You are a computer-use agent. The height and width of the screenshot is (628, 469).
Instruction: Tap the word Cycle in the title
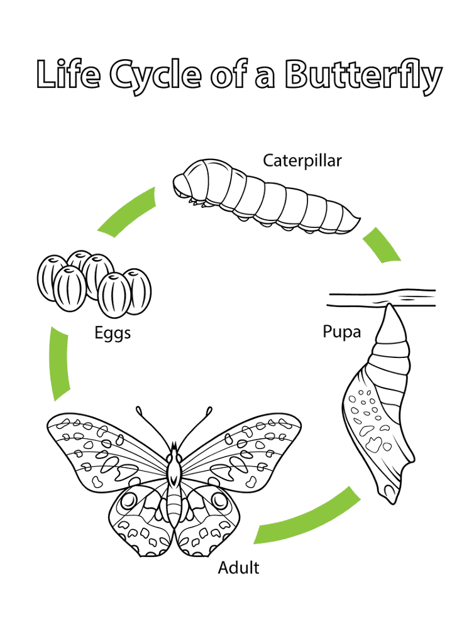pyautogui.click(x=155, y=75)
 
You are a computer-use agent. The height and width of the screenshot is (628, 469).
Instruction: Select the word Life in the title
pyautogui.click(x=68, y=73)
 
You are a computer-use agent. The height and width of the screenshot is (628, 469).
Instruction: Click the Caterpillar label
pyautogui.click(x=302, y=161)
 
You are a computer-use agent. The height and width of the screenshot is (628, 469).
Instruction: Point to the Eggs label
pyautogui.click(x=113, y=333)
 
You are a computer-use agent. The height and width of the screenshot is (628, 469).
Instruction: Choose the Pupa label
pyautogui.click(x=341, y=332)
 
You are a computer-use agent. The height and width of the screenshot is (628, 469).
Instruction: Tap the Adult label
pyautogui.click(x=238, y=568)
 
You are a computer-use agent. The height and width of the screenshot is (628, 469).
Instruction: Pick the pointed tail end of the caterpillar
pyautogui.click(x=360, y=219)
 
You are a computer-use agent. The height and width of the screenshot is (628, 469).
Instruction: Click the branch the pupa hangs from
pyautogui.click(x=381, y=298)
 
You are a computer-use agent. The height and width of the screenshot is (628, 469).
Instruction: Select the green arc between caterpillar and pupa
pyautogui.click(x=381, y=245)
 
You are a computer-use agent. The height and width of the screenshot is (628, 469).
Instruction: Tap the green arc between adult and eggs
pyautogui.click(x=58, y=363)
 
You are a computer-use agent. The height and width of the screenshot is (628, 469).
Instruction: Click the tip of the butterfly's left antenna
pyautogui.click(x=139, y=410)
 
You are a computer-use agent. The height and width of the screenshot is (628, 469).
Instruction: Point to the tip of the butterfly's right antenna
pyautogui.click(x=209, y=410)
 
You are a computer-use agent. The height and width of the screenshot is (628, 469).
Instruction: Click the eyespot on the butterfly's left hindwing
pyautogui.click(x=129, y=500)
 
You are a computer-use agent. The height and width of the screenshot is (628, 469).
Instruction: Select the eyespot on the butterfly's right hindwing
pyautogui.click(x=219, y=500)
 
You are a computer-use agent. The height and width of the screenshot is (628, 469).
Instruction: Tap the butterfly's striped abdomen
pyautogui.click(x=174, y=507)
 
